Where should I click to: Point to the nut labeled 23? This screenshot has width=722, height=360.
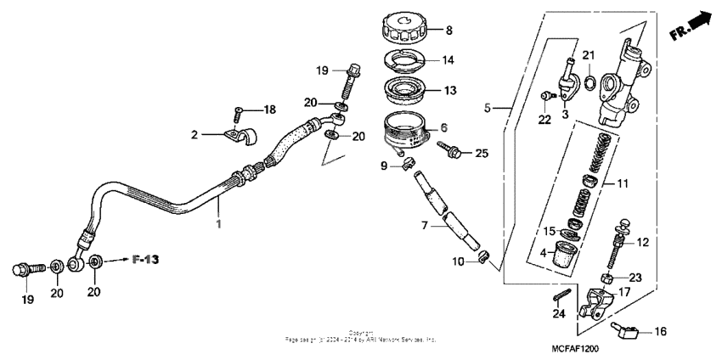608,278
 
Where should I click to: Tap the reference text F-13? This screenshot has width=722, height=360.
144,258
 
